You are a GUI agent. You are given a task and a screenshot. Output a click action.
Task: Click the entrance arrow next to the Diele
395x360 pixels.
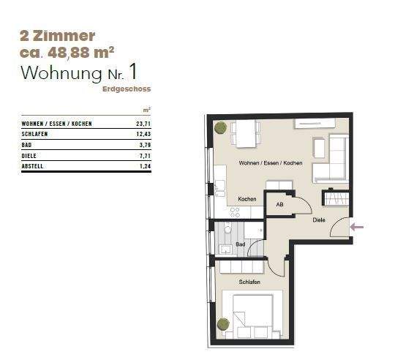coord(356,228)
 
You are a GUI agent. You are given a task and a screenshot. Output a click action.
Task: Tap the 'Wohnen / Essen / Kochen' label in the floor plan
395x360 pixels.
coord(270,162)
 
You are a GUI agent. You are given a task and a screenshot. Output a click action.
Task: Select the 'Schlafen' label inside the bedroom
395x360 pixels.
coord(249,282)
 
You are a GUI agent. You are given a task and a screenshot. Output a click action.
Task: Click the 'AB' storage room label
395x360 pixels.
coord(279,206)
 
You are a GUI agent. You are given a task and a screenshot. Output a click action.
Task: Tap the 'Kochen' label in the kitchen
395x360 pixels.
coord(247,199)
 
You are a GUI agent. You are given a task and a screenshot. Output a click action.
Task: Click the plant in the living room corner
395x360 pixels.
coord(219,128)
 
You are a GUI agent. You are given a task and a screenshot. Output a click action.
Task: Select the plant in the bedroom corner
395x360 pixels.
coord(222,323)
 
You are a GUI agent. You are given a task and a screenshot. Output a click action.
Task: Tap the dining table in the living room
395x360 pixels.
coord(246,134)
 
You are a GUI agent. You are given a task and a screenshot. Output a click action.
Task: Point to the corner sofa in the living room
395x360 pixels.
coord(333,160)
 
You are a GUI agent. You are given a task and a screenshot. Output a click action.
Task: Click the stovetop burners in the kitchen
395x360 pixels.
coord(236,212)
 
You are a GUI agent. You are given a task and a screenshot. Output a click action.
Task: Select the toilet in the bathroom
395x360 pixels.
coord(227,230)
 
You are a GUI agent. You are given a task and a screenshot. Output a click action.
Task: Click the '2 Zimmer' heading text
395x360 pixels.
coord(59,34)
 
